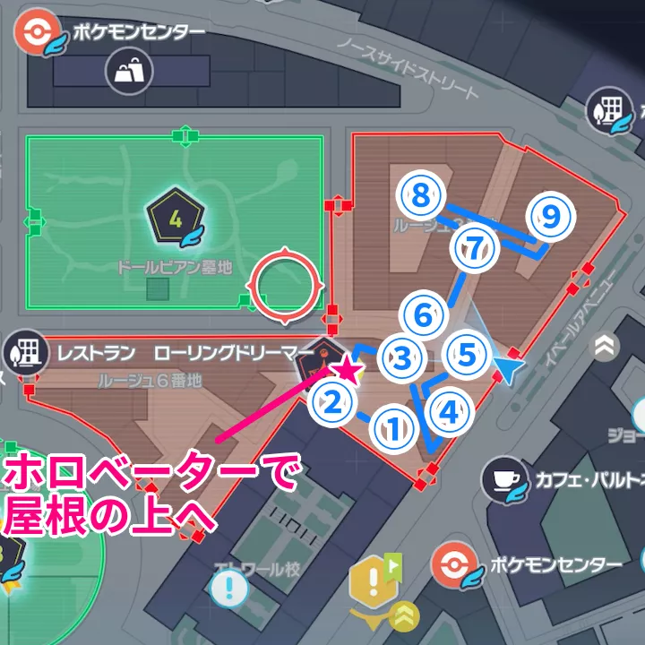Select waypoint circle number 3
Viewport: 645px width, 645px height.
tap(402, 357)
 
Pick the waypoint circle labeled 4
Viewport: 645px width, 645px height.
tap(450, 411)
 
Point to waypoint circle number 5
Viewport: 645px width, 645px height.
tap(467, 355)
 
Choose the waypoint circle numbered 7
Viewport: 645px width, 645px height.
tap(474, 248)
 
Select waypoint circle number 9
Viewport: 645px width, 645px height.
tap(550, 215)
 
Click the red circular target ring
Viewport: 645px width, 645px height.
tap(286, 287)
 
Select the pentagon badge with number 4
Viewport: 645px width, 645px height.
tap(176, 218)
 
